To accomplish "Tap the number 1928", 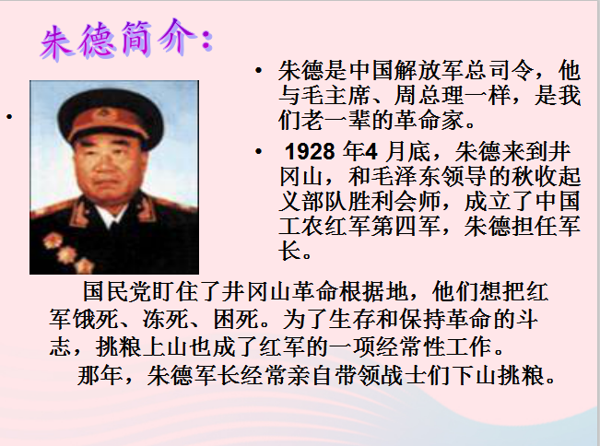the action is click(311, 151).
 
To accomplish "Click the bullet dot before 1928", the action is click(259, 151).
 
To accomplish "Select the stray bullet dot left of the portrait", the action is click(9, 116).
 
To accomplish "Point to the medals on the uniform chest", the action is click(68, 252).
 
